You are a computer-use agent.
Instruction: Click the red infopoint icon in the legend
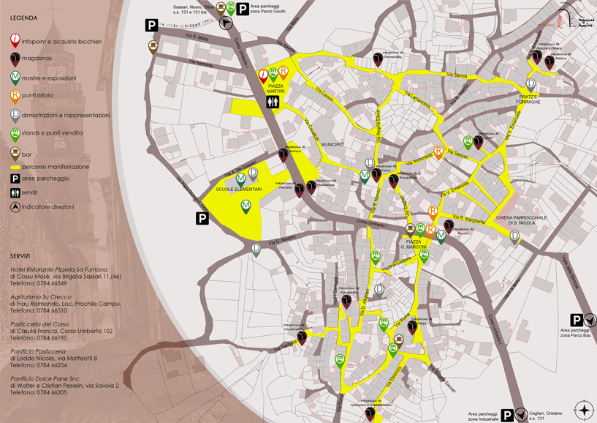(15, 41)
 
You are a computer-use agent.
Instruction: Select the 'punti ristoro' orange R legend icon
(15, 95)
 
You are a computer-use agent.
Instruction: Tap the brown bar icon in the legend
(15, 152)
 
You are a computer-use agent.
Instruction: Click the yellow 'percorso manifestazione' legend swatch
(15, 167)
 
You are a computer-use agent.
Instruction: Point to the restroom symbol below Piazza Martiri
(273, 103)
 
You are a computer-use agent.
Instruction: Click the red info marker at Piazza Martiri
(263, 74)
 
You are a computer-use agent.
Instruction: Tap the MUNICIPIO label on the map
(332, 146)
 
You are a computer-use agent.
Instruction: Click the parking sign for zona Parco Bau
(576, 321)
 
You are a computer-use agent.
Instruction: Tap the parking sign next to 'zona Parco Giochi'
(242, 9)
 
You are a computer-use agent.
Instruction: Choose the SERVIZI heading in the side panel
(20, 256)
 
